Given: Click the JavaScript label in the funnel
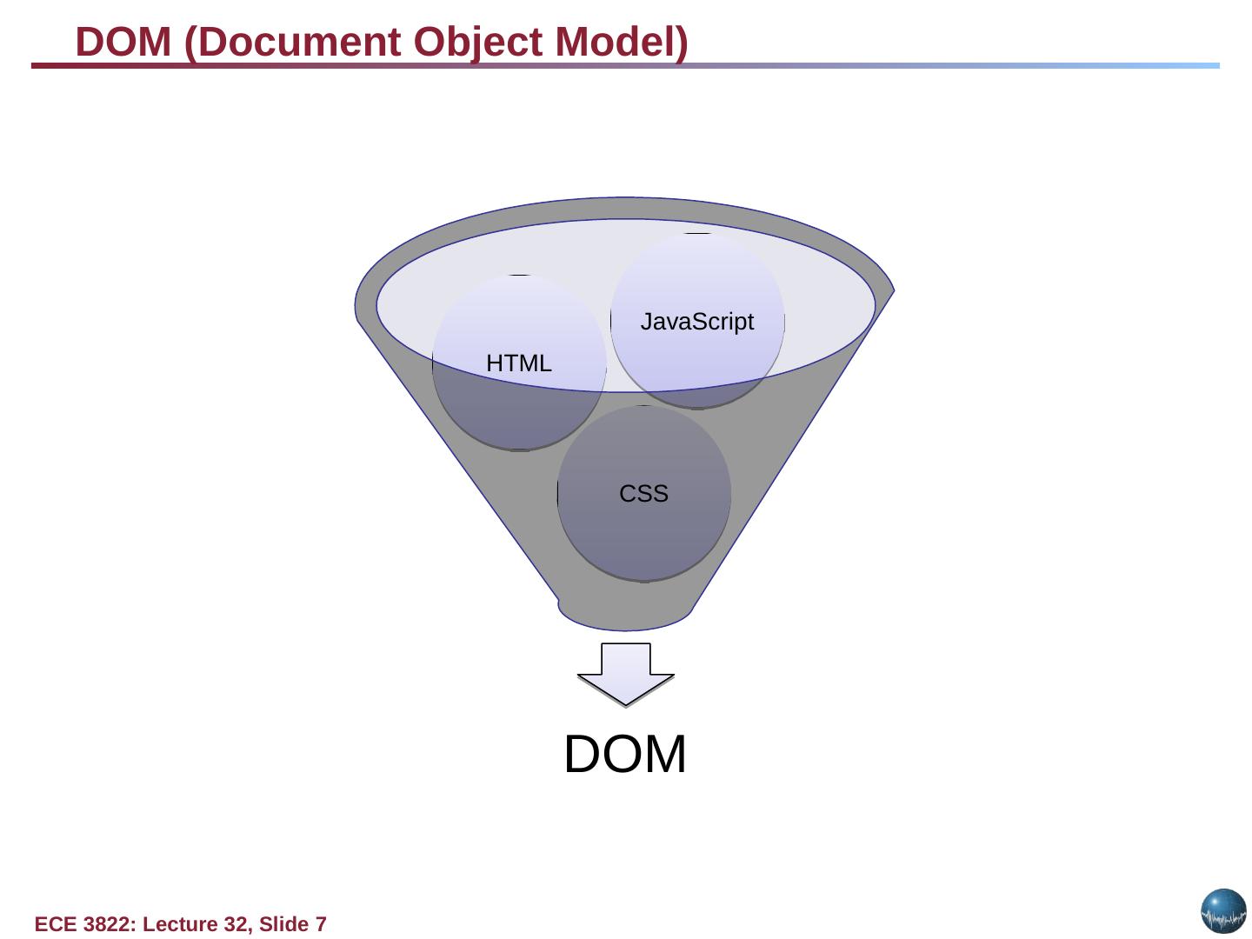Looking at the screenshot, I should [696, 323].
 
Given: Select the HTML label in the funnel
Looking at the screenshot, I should [519, 363].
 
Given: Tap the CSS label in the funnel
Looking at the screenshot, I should [643, 494].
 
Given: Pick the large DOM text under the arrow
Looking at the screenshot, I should [625, 754].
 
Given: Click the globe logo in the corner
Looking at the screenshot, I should [1223, 911].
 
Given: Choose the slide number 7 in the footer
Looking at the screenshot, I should [321, 924].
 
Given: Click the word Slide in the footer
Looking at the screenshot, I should [283, 924].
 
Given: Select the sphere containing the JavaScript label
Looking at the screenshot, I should [697, 278].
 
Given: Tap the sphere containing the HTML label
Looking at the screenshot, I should [519, 409].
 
